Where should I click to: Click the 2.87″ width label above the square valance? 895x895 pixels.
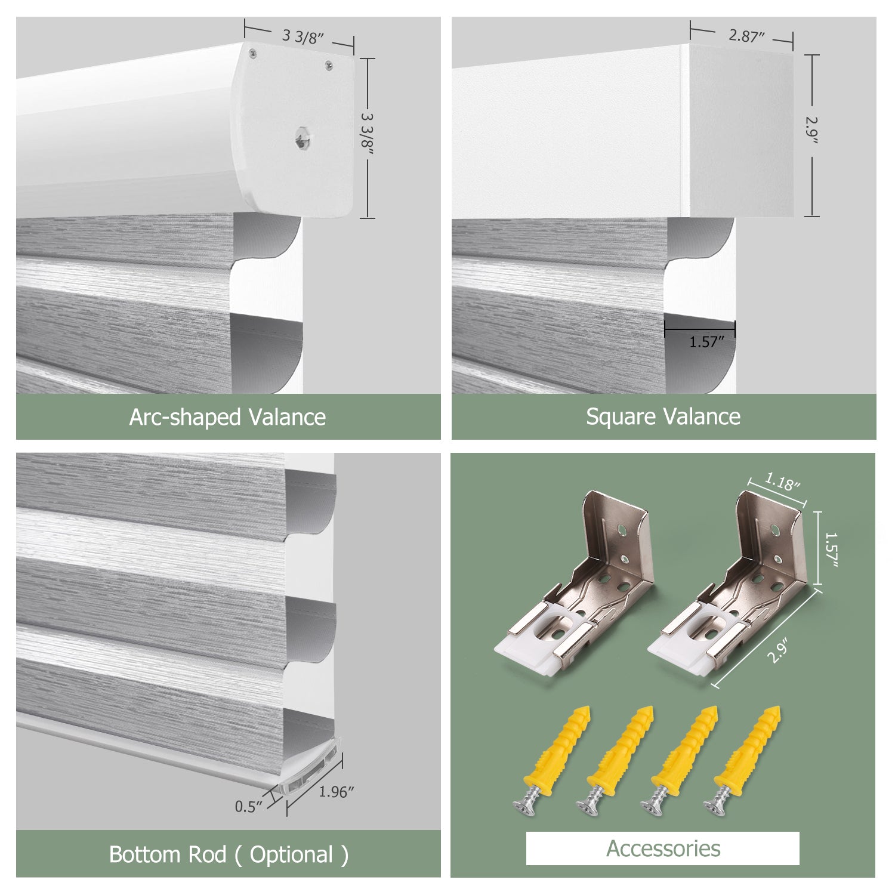[x=746, y=36]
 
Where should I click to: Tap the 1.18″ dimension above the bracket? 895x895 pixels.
[x=782, y=482]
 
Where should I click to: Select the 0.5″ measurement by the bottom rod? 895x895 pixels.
[x=249, y=807]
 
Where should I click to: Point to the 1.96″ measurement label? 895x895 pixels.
[x=337, y=792]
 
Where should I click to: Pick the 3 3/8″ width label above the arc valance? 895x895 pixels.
[x=303, y=37]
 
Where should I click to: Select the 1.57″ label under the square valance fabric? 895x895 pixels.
[x=707, y=342]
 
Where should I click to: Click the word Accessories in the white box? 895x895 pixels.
[x=663, y=848]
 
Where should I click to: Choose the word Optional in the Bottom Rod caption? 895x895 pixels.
[x=291, y=855]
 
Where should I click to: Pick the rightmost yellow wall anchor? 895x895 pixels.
[x=743, y=757]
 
